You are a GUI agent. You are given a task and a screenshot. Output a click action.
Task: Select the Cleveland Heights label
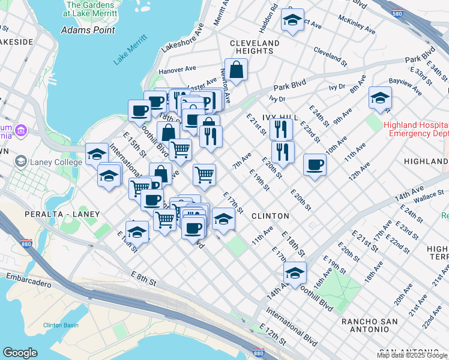tap(255, 47)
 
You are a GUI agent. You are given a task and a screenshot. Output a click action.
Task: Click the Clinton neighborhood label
tap(270, 215)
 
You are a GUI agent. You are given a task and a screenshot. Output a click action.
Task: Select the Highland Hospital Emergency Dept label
tap(415, 129)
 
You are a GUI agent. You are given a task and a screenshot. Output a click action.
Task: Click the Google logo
tap(20, 353)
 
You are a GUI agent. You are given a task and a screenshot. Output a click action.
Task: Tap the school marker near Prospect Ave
tap(292, 20)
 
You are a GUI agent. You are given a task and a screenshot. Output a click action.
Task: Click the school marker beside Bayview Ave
tap(379, 98)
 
